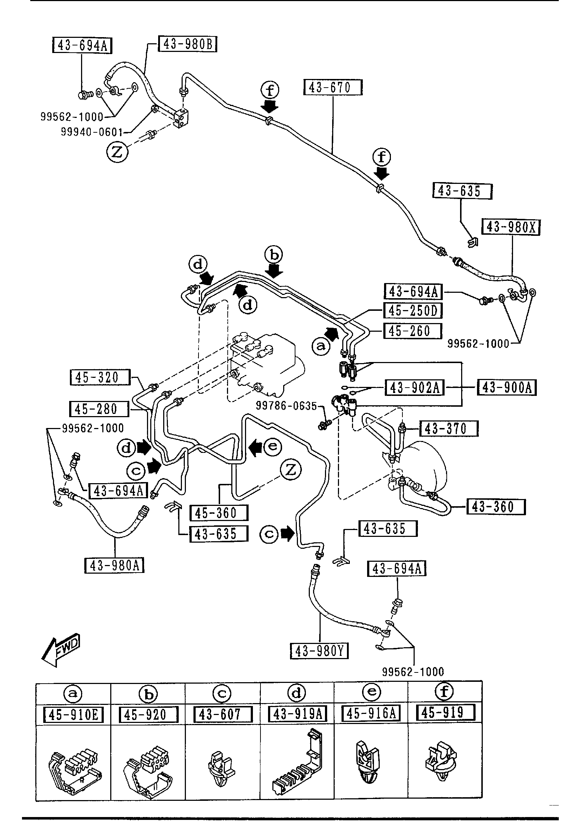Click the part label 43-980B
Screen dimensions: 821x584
188,45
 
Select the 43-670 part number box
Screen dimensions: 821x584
333,88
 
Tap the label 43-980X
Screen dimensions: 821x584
511,227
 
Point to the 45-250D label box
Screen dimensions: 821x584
413,310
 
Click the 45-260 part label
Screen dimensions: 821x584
413,331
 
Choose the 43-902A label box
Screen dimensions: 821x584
414,388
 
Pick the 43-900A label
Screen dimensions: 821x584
507,388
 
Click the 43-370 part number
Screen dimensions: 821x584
448,429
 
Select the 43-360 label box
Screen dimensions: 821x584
496,507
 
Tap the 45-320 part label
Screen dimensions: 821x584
99,377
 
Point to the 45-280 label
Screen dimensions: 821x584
98,409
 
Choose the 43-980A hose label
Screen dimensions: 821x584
114,565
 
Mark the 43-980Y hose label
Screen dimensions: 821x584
320,651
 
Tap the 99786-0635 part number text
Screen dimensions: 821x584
286,406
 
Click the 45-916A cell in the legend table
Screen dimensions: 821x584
371,713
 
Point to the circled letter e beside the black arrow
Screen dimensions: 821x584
272,447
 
